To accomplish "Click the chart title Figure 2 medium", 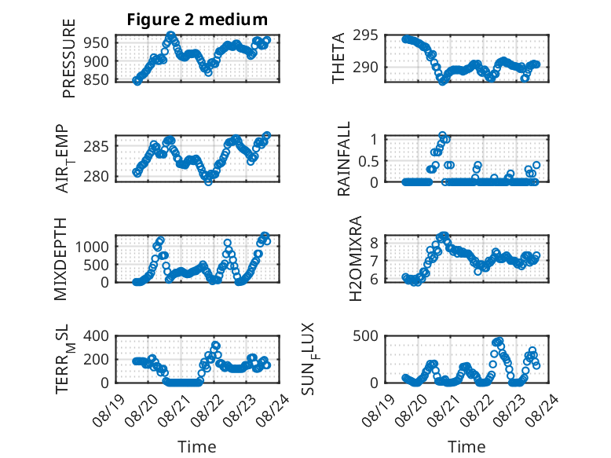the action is click(x=197, y=20).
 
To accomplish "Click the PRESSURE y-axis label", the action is click(x=68, y=58).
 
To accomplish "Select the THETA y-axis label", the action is click(x=338, y=58).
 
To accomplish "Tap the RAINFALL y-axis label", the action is click(x=344, y=159).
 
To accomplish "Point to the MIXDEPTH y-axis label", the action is click(x=60, y=259).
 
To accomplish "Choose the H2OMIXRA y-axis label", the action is click(x=356, y=258).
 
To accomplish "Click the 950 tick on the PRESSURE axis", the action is click(x=96, y=42).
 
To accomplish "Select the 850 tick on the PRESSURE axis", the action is click(x=96, y=79).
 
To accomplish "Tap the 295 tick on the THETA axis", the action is click(x=365, y=35).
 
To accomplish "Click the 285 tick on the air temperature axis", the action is click(x=96, y=147).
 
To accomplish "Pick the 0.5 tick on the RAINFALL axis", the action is click(x=368, y=160).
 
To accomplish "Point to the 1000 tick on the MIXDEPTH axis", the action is click(x=92, y=247).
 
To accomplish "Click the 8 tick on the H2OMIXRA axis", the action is click(x=374, y=244).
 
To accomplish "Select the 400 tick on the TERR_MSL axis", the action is click(x=96, y=335).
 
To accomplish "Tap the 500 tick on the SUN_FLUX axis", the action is click(x=365, y=335).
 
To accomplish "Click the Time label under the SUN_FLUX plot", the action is click(x=466, y=446).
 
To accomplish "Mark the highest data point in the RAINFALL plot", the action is click(x=442, y=135).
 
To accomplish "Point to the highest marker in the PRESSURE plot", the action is click(x=170, y=35).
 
